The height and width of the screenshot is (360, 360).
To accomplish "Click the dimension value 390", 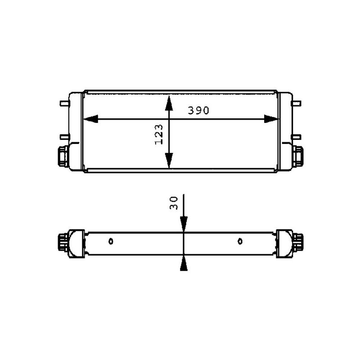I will coord(198,111).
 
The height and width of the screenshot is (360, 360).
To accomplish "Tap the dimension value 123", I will coord(159,135).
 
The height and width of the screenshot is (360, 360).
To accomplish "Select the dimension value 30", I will coord(175,202).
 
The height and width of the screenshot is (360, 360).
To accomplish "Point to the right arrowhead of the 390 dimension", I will coord(271,119).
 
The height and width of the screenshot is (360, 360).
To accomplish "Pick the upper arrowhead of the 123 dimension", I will coord(169,102).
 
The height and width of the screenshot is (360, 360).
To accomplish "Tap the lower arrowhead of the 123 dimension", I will coord(169,161).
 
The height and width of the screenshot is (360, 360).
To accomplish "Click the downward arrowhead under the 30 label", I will coord(184,225).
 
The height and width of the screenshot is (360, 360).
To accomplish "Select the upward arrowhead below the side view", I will coord(184,265).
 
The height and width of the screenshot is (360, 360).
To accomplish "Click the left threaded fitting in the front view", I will coord(62,156).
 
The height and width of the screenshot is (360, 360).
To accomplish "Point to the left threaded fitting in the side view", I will coord(63,243).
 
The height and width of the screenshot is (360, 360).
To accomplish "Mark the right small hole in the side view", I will coord(240,241).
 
